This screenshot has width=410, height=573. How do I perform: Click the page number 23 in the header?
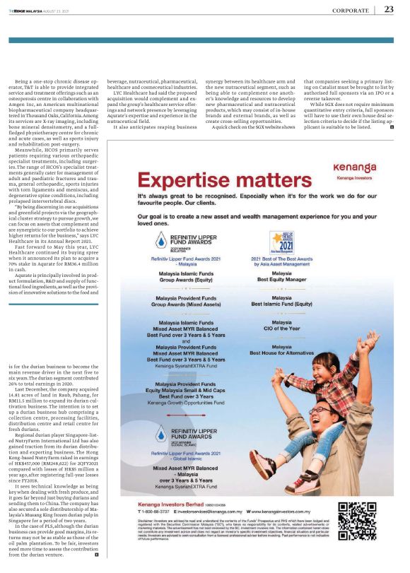click(x=389, y=9)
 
